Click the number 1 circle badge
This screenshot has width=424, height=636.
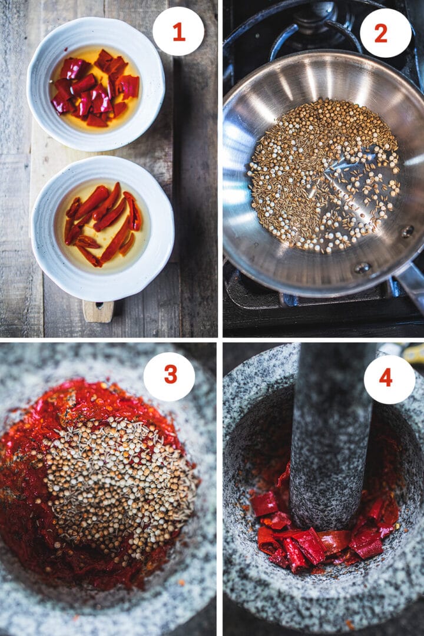pyautogui.click(x=178, y=31)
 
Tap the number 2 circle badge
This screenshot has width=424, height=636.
pyautogui.click(x=385, y=33)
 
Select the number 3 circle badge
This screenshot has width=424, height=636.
pyautogui.click(x=169, y=376)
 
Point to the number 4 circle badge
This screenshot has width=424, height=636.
pyautogui.click(x=389, y=379)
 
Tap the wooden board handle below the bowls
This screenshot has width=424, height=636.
pyautogui.click(x=98, y=311)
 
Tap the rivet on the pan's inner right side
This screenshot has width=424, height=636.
pyautogui.click(x=407, y=231)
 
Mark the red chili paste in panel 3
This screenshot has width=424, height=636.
pyautogui.click(x=35, y=501)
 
